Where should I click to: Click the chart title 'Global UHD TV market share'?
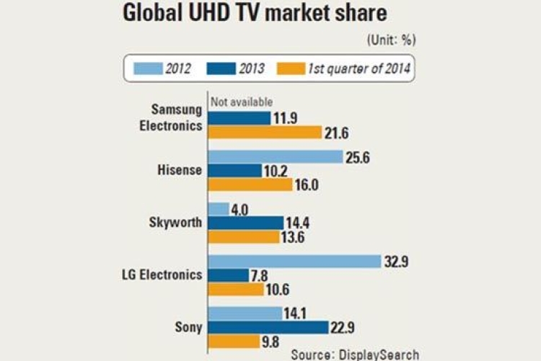coord(255,13)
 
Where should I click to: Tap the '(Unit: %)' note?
coord(391,40)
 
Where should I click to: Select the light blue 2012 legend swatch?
coord(149,68)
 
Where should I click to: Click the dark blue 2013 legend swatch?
coord(221,68)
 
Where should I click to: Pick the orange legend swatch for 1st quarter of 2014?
coord(291,68)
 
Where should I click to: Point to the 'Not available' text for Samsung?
coord(242,102)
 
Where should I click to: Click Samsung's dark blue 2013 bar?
coord(239,118)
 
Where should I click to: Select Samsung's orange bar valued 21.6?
coord(265,133)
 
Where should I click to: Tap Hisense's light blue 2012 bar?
coord(276,157)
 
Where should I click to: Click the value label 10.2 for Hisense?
coord(276,171)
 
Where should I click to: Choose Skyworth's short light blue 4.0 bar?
coord(219,209)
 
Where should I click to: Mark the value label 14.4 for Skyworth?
coord(298,223)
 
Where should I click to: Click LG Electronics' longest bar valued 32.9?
coord(294,262)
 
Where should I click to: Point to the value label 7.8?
coord(260,276)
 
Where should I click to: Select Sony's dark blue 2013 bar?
coord(268,327)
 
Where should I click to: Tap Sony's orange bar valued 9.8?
coord(234,342)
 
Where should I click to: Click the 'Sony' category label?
coord(188,327)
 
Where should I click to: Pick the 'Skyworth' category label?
coord(175,223)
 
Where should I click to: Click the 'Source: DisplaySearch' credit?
coord(355,355)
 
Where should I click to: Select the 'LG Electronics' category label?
coord(162,275)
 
